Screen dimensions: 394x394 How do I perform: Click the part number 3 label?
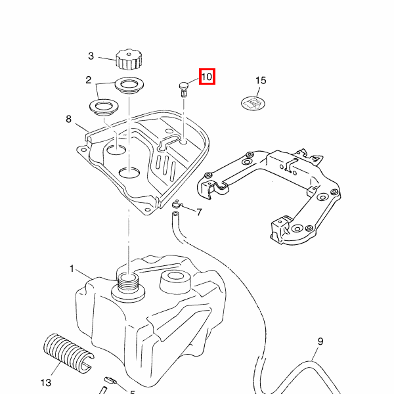pos(91,56)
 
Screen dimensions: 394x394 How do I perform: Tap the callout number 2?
pos(88,81)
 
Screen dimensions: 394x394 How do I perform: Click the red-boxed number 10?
pos(206,77)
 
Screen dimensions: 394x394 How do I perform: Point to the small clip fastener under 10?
pos(183,88)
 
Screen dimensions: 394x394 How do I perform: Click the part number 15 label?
pos(261,81)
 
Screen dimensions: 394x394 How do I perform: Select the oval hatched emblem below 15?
pos(253,102)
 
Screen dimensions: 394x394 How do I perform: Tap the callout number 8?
pos(68,119)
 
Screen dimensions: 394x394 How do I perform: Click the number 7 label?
pos(199,212)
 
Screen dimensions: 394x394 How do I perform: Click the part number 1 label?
pos(72,269)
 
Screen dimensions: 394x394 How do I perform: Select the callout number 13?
pos(45,382)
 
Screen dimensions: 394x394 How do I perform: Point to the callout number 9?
pos(320,341)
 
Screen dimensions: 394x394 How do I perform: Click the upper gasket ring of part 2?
pos(129,85)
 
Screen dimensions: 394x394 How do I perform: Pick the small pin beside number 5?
pos(109,381)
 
